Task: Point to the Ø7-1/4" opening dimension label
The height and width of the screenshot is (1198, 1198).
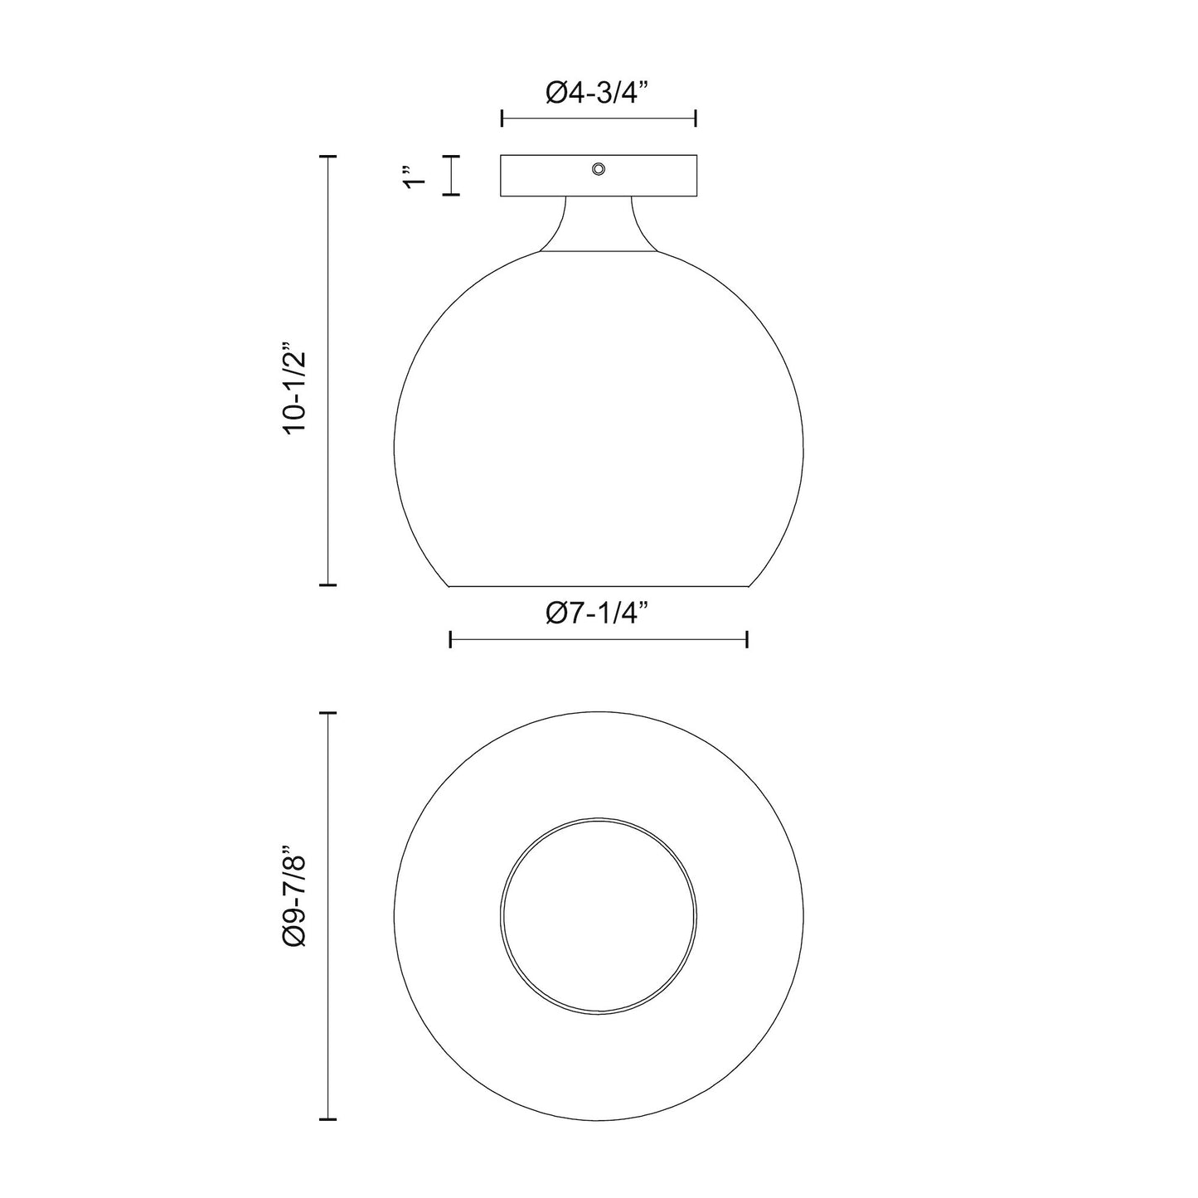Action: (x=598, y=614)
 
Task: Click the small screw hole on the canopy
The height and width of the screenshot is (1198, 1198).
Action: (x=598, y=169)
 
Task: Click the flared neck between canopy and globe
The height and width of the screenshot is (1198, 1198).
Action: (x=599, y=224)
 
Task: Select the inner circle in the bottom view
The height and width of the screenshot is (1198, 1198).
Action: (x=599, y=916)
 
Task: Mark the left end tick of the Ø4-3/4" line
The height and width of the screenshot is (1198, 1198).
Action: (x=502, y=119)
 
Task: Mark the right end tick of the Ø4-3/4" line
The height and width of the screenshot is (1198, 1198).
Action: (x=696, y=119)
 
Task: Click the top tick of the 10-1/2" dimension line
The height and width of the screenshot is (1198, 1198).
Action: (x=328, y=156)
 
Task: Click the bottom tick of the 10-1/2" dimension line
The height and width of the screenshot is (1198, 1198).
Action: (x=328, y=585)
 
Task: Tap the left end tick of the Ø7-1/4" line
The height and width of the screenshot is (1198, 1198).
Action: (x=450, y=639)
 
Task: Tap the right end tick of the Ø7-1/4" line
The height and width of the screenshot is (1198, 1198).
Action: (x=748, y=639)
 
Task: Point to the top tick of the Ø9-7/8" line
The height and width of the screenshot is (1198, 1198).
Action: (x=328, y=713)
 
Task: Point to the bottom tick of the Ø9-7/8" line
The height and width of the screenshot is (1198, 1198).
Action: (x=328, y=1119)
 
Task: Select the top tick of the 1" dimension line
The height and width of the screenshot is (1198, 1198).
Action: (x=450, y=156)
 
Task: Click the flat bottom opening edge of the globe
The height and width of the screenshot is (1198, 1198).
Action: (x=599, y=586)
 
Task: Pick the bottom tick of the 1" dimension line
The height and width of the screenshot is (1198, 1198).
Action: (x=450, y=195)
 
